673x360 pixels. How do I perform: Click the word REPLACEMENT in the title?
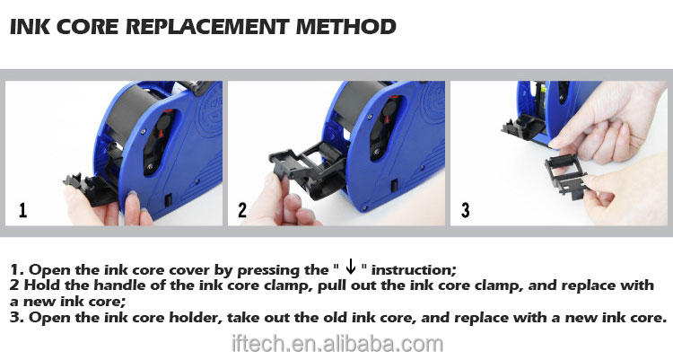click(207, 27)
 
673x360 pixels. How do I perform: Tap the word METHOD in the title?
click(345, 27)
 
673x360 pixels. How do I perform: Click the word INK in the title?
click(30, 27)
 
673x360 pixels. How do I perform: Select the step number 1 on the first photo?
click(22, 210)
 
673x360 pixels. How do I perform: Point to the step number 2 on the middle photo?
click(242, 210)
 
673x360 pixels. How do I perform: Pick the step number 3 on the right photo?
click(465, 210)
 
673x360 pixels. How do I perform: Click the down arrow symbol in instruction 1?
click(351, 267)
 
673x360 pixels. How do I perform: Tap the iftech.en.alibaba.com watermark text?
click(336, 344)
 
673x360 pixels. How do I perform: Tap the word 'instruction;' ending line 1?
click(414, 270)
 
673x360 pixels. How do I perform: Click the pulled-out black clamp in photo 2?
click(307, 168)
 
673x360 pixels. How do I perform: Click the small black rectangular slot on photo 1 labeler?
click(169, 200)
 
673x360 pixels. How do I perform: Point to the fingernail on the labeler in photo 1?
click(132, 196)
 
